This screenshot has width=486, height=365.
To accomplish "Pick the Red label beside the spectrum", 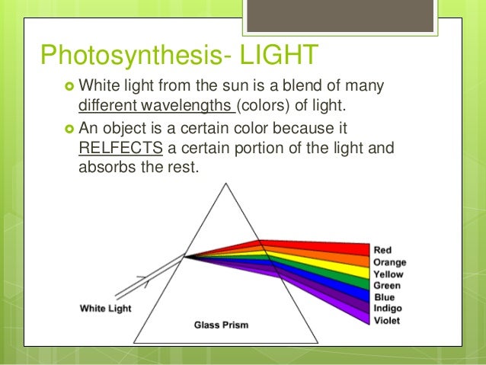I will point(383,250).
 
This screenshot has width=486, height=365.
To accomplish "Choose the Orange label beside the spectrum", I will point(390,262).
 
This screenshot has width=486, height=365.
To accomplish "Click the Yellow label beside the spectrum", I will point(388,274).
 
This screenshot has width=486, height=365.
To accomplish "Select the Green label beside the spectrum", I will point(387,286).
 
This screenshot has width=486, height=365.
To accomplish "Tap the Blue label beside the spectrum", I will point(385,297).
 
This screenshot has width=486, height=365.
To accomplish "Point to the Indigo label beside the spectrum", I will point(388,309).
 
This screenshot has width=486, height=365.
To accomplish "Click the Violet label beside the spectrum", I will point(387,320).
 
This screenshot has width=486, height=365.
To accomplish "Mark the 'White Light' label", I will point(105,309).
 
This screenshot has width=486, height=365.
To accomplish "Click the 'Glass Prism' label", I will point(221,325).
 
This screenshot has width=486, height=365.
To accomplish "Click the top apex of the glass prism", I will point(226,181).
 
